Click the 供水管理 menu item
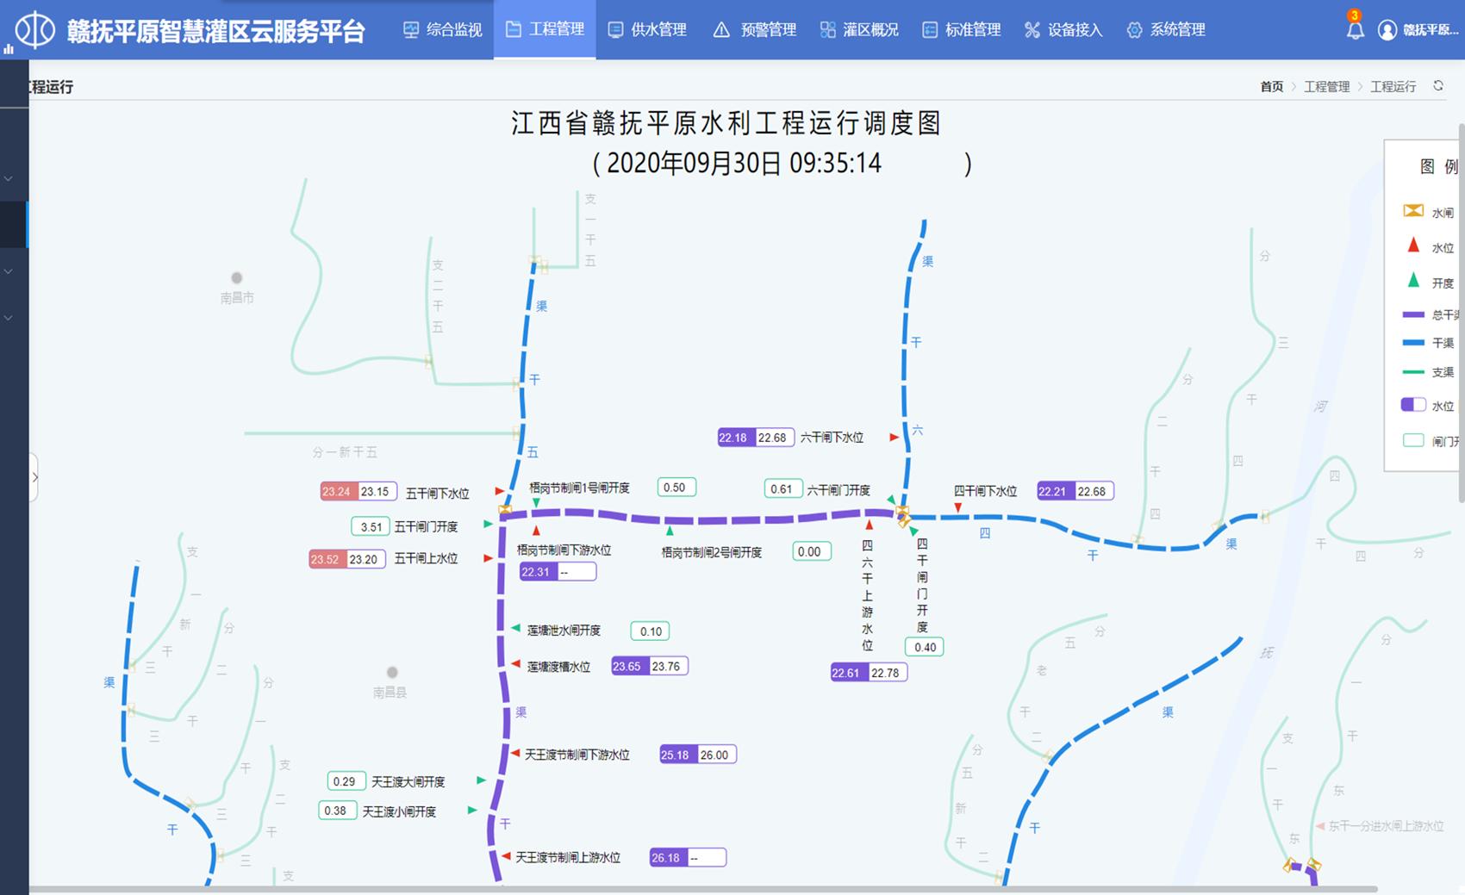tap(647, 30)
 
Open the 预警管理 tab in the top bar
tap(755, 30)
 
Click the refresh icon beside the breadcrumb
tap(1438, 86)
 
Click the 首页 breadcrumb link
tap(1271, 87)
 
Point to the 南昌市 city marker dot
tap(237, 278)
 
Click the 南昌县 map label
tap(390, 692)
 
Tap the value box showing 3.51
tap(371, 526)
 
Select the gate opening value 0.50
tap(675, 488)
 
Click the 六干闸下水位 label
tap(832, 438)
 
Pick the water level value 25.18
tap(675, 755)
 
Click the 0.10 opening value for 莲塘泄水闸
tap(651, 631)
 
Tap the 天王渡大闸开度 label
tap(408, 781)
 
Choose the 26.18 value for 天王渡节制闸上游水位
tap(666, 857)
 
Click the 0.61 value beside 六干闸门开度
tap(782, 489)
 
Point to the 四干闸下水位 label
tap(985, 491)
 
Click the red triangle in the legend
tap(1413, 246)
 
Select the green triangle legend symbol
tap(1413, 281)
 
